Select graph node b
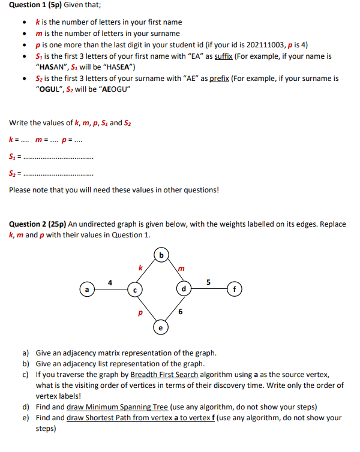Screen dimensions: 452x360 (x=160, y=254)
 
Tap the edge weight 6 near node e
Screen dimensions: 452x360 (x=180, y=312)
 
